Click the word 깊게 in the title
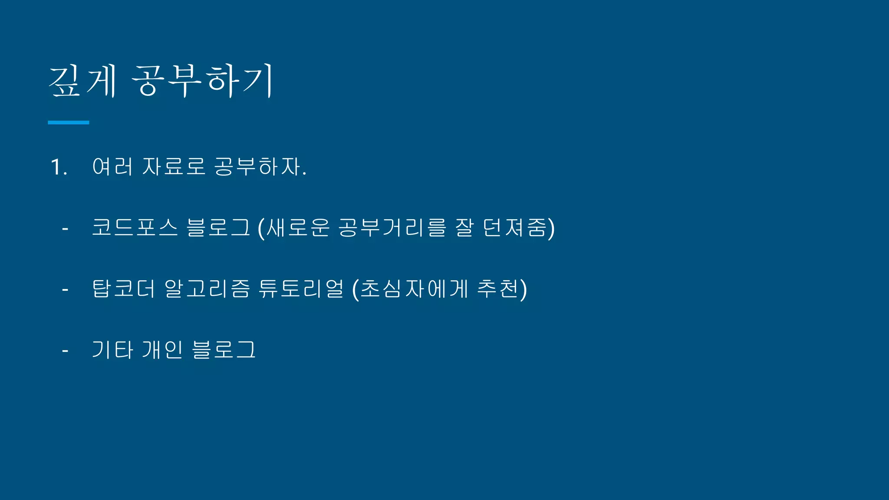[82, 81]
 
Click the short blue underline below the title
[68, 123]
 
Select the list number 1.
[59, 167]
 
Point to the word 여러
[112, 167]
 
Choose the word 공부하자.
[260, 167]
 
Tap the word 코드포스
[135, 227]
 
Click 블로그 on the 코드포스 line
[218, 227]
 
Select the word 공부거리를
[392, 227]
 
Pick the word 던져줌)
[519, 228]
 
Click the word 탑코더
[123, 289]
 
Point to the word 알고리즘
[207, 289]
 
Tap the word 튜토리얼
[301, 289]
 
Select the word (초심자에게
[410, 289]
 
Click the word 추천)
[502, 289]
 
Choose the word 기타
[112, 350]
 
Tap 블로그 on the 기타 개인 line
[224, 350]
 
